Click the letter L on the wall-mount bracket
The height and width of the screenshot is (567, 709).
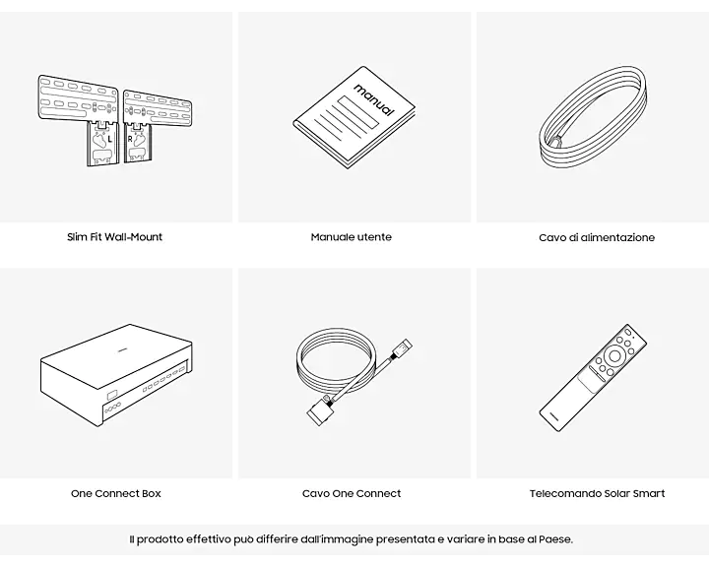pyautogui.click(x=110, y=140)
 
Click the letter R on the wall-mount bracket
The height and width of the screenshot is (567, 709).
pyautogui.click(x=130, y=139)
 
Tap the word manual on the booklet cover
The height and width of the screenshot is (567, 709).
pyautogui.click(x=373, y=99)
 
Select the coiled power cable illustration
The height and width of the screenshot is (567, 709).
pyautogui.click(x=593, y=117)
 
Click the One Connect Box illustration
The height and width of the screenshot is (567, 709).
pyautogui.click(x=117, y=375)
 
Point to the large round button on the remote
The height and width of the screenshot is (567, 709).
pyautogui.click(x=614, y=355)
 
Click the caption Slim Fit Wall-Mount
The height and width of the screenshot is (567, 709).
pyautogui.click(x=114, y=237)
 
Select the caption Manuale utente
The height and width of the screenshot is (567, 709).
pyautogui.click(x=352, y=237)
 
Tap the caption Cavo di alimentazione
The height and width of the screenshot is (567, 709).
pyautogui.click(x=597, y=237)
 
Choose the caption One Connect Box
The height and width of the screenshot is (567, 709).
pyautogui.click(x=116, y=493)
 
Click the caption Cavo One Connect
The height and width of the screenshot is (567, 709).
pyautogui.click(x=352, y=493)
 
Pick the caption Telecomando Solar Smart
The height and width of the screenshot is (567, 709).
pyautogui.click(x=598, y=493)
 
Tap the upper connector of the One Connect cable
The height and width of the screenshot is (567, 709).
pyautogui.click(x=402, y=348)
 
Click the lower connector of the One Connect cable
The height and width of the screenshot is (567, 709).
pyautogui.click(x=321, y=409)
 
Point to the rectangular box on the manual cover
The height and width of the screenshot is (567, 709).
pyautogui.click(x=358, y=112)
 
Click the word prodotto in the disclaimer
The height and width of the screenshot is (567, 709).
pyautogui.click(x=161, y=539)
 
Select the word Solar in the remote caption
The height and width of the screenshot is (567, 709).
pyautogui.click(x=616, y=493)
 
